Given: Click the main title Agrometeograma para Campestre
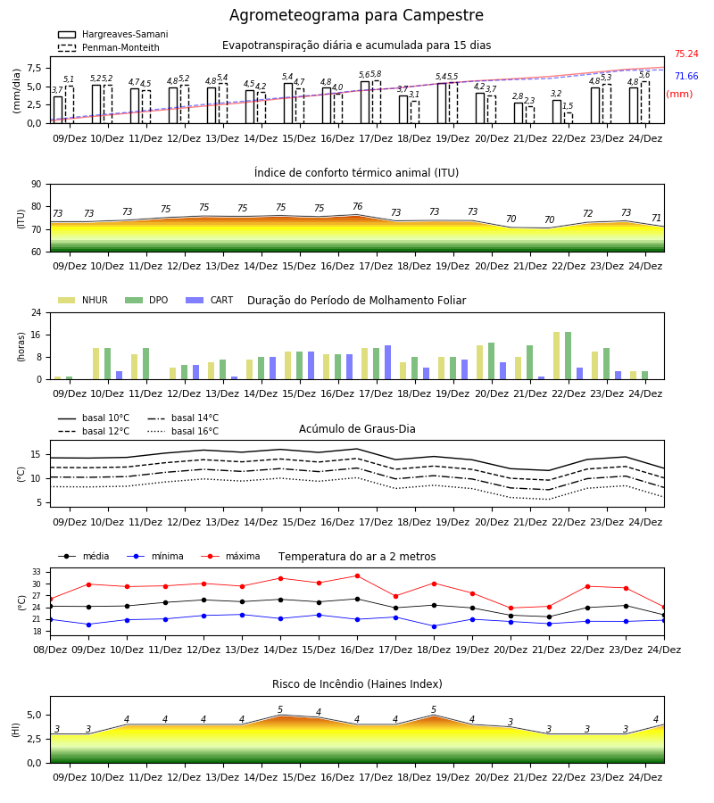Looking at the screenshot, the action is pyautogui.click(x=356, y=15).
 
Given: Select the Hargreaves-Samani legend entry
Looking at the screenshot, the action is pyautogui.click(x=112, y=34).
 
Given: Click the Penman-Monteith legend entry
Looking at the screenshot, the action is pyautogui.click(x=109, y=47).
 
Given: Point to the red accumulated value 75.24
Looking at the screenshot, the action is pyautogui.click(x=686, y=54).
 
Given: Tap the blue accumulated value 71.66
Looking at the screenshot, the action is pyautogui.click(x=686, y=77).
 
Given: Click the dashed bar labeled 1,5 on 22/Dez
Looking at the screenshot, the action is pyautogui.click(x=569, y=118).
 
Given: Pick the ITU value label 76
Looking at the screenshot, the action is pyautogui.click(x=358, y=206).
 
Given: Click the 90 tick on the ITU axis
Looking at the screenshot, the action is pyautogui.click(x=37, y=185).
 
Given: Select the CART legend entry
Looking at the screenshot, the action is pyautogui.click(x=210, y=300).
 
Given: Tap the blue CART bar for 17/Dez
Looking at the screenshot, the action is pyautogui.click(x=387, y=362).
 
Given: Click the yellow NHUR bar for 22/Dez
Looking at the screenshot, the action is pyautogui.click(x=557, y=356).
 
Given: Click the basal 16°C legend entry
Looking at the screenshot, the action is pyautogui.click(x=183, y=431).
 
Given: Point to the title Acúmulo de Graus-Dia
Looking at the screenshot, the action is pyautogui.click(x=357, y=428).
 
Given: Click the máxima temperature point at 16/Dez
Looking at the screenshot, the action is pyautogui.click(x=358, y=576).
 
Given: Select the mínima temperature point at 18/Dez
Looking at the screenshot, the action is pyautogui.click(x=435, y=626).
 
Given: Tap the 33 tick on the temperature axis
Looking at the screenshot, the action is pyautogui.click(x=37, y=572).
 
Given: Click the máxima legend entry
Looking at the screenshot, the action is pyautogui.click(x=231, y=556).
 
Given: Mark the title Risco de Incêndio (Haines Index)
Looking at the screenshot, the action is pyautogui.click(x=357, y=684).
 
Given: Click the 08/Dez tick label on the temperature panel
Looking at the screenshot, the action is pyautogui.click(x=50, y=650).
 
